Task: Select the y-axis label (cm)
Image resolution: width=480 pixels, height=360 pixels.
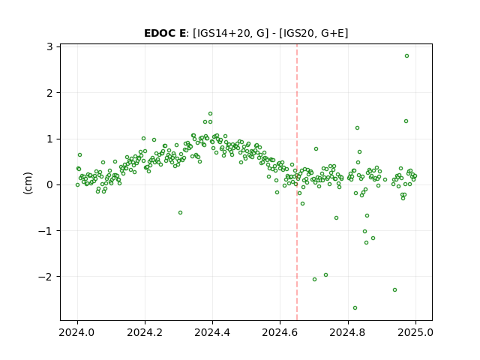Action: tap(28, 183)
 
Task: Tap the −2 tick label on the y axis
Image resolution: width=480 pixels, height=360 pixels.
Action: tap(46, 277)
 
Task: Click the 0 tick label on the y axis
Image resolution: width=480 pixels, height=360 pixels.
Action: tap(50, 185)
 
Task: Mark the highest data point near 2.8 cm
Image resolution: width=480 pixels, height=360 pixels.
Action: tap(406, 56)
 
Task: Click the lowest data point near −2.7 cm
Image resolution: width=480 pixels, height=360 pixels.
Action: tap(355, 308)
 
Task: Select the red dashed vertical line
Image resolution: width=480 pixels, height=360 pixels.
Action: tap(297, 182)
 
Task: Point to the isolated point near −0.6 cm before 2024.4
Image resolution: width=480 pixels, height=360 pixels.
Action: tap(180, 213)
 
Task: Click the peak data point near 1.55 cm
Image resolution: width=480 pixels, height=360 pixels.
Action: tap(210, 114)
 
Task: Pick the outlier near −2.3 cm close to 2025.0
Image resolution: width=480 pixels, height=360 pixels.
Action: tap(395, 290)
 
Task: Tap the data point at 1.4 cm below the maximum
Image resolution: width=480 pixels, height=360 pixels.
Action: tap(406, 121)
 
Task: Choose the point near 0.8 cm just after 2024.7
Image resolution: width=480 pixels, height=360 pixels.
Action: tap(316, 149)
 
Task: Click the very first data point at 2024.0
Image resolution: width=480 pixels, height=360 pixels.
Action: tap(77, 185)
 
